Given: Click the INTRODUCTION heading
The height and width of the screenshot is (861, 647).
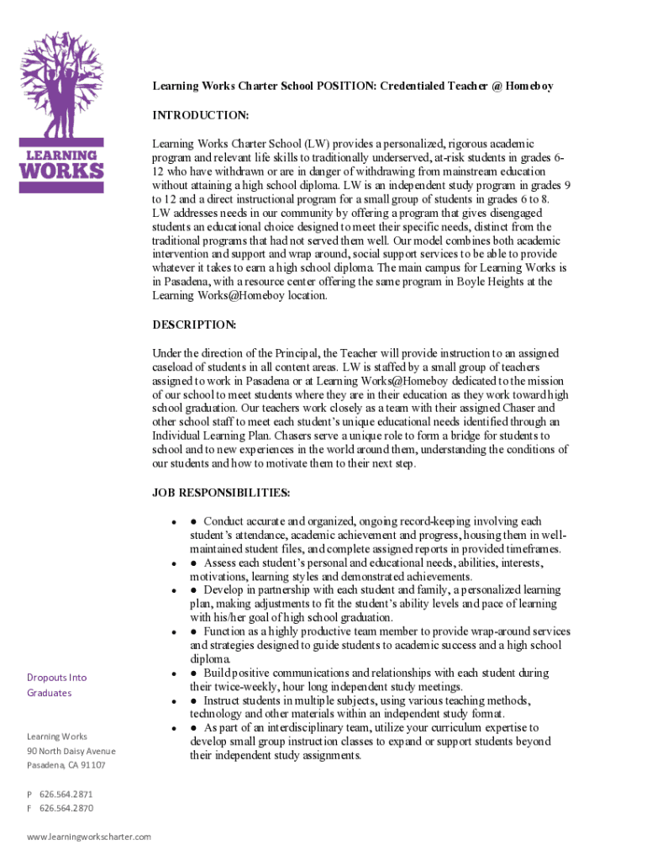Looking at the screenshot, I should point(200,114).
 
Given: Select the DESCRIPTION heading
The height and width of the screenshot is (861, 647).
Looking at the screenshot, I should point(194,325).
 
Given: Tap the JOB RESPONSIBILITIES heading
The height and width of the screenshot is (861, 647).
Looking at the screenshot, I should point(221,492).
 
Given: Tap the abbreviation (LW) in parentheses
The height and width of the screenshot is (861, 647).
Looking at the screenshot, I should point(318,145).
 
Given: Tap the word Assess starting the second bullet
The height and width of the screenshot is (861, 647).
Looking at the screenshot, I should point(220,563).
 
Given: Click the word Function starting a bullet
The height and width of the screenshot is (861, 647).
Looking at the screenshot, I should point(225,631).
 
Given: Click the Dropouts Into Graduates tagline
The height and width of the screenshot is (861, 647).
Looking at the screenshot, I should point(56,685).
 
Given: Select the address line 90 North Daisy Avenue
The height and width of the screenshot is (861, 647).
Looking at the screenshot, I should point(71,751).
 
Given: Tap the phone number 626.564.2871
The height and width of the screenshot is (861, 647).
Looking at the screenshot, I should point(66,794).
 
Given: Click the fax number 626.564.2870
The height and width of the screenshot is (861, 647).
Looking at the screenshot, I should point(66,808).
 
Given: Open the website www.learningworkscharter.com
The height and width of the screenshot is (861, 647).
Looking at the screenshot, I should point(89,837).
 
